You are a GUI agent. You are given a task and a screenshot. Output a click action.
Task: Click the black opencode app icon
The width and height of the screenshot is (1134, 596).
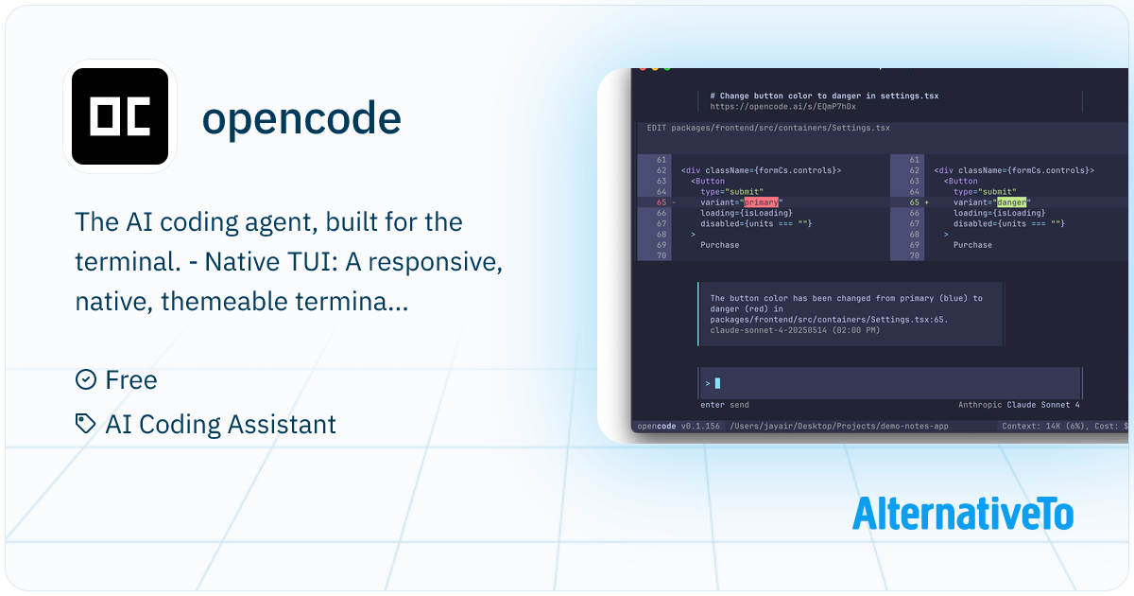pyautogui.click(x=120, y=117)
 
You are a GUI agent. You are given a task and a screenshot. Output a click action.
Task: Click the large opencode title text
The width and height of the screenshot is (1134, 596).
pyautogui.click(x=301, y=118)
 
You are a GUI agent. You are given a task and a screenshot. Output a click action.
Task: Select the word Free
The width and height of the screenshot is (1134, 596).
pyautogui.click(x=131, y=380)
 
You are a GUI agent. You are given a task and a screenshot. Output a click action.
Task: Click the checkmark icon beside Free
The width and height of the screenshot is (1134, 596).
pyautogui.click(x=86, y=380)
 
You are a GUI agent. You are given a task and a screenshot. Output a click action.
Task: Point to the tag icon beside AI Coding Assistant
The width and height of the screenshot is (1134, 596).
pyautogui.click(x=86, y=424)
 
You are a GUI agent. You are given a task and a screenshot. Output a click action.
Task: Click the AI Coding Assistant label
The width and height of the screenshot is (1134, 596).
pyautogui.click(x=220, y=424)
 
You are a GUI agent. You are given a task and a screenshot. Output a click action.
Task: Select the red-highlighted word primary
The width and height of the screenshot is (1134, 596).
pyautogui.click(x=762, y=202)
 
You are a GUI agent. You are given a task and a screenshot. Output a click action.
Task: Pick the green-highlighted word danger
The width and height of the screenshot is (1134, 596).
pyautogui.click(x=1011, y=202)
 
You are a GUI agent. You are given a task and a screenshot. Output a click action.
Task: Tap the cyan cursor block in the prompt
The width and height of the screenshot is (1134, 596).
pyautogui.click(x=717, y=383)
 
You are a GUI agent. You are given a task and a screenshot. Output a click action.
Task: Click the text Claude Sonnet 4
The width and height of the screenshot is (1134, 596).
pyautogui.click(x=1042, y=405)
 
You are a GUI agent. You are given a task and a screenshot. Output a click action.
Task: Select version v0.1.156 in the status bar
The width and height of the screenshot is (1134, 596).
pyautogui.click(x=700, y=427)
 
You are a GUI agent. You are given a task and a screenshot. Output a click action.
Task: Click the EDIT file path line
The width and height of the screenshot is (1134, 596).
pyautogui.click(x=767, y=128)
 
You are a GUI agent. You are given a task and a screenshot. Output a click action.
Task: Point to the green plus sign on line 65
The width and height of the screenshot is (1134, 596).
pyautogui.click(x=926, y=202)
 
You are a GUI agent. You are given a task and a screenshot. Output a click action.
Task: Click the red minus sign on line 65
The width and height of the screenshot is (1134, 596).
pyautogui.click(x=674, y=202)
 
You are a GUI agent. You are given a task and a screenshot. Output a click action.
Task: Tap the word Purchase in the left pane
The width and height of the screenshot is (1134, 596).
pyautogui.click(x=719, y=245)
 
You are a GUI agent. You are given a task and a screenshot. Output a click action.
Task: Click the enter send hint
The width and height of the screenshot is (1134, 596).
pyautogui.click(x=724, y=405)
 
